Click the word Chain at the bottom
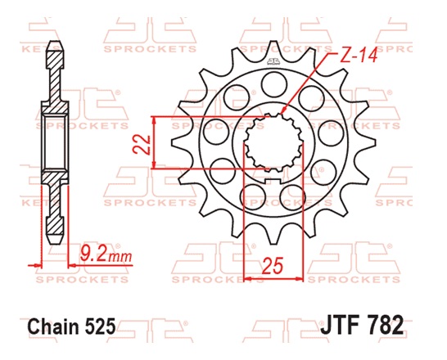[x=53, y=326]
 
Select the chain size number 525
[x=100, y=326]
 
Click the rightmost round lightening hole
[x=336, y=131]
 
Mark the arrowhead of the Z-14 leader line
[x=284, y=111]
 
